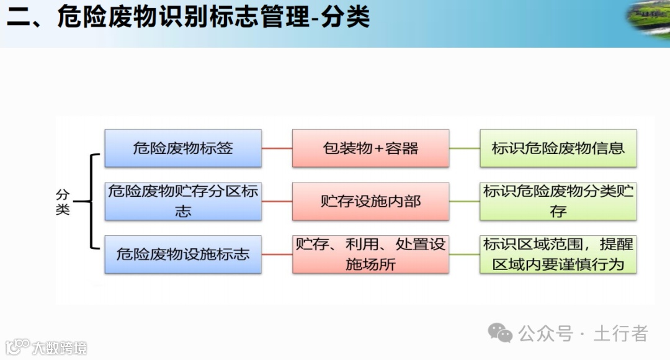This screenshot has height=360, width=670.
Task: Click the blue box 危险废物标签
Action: point(183,148)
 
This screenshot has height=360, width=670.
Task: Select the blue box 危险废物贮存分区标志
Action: point(183,201)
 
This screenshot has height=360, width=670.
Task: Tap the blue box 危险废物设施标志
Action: point(183,254)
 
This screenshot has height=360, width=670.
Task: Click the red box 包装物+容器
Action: point(370,148)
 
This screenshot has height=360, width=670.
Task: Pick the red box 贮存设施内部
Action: point(370,201)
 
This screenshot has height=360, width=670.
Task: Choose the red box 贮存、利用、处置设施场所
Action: point(370,254)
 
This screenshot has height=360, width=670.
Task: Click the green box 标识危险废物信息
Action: point(558,148)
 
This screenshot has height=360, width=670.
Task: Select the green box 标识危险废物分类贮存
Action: point(558,201)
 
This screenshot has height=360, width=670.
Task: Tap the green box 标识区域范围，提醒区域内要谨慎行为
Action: point(558,254)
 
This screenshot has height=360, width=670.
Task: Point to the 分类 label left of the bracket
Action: point(63,201)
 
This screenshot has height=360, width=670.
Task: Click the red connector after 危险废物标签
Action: point(277,148)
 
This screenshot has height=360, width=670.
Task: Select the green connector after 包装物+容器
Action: point(465,148)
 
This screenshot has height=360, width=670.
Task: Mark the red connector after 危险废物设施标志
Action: point(277,254)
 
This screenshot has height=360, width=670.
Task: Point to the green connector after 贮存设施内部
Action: point(465,201)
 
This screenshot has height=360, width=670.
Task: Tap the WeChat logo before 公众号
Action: point(500,333)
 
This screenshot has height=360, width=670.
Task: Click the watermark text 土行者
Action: point(620,333)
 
